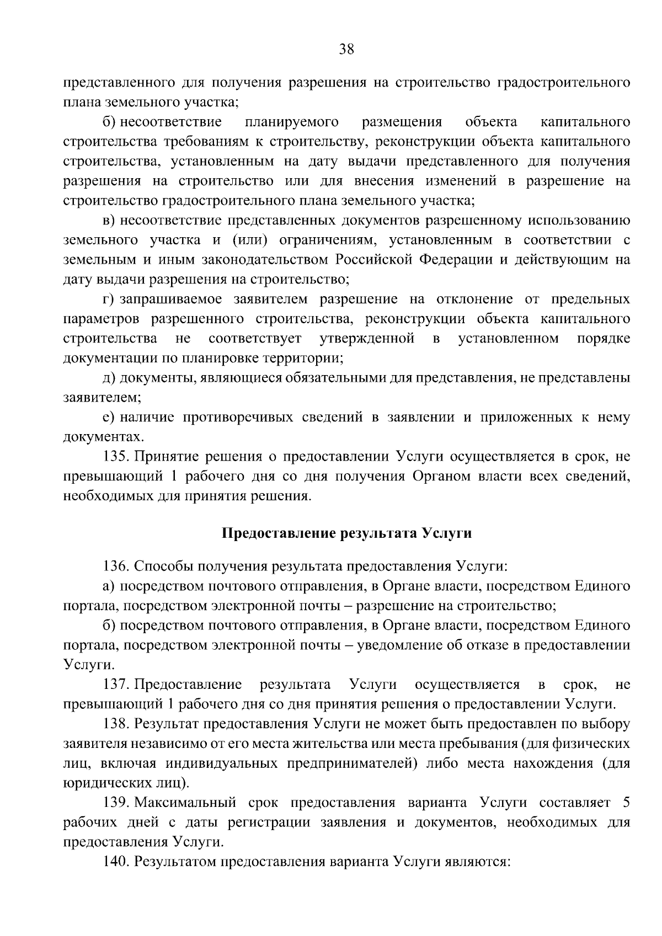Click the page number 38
tap(346, 50)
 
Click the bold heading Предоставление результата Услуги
tap(347, 533)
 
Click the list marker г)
tap(109, 299)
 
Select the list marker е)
tap(109, 418)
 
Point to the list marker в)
tap(109, 221)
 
